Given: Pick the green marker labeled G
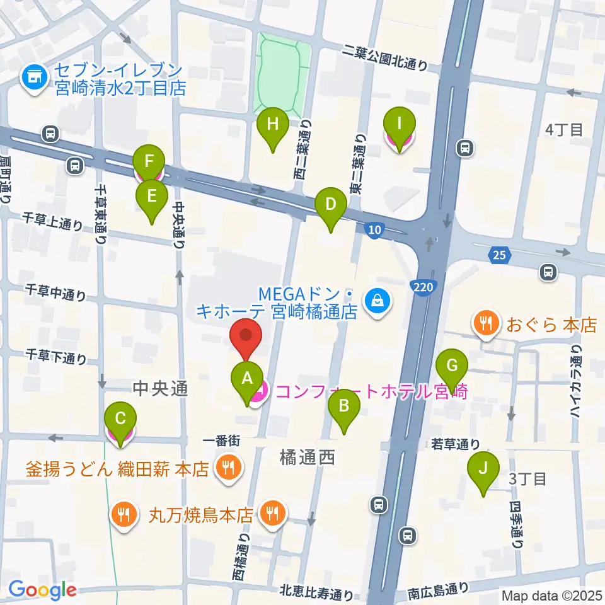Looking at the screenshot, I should click(452, 366).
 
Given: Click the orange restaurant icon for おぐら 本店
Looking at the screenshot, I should click(485, 325).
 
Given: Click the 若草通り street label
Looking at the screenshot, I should click(456, 444).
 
